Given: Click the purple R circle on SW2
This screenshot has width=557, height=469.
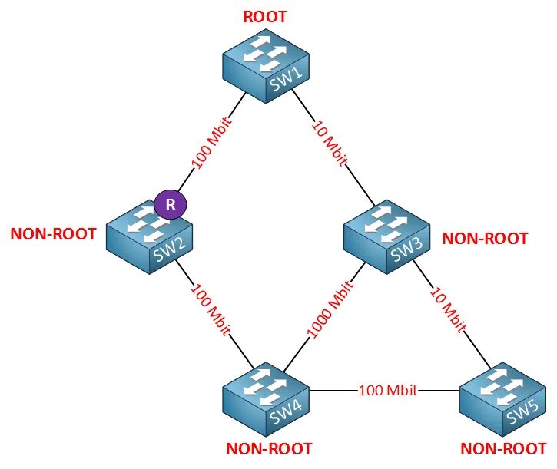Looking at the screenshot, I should click(x=171, y=206).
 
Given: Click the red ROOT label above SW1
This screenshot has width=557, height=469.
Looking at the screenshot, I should click(x=265, y=16).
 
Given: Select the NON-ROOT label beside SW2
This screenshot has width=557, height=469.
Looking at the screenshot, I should click(x=54, y=234).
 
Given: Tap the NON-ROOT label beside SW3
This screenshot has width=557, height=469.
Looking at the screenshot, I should click(x=485, y=239).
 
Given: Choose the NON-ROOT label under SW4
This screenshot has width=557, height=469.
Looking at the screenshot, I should click(x=270, y=448).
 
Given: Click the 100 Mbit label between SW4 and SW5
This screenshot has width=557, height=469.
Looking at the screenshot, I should click(x=388, y=390).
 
